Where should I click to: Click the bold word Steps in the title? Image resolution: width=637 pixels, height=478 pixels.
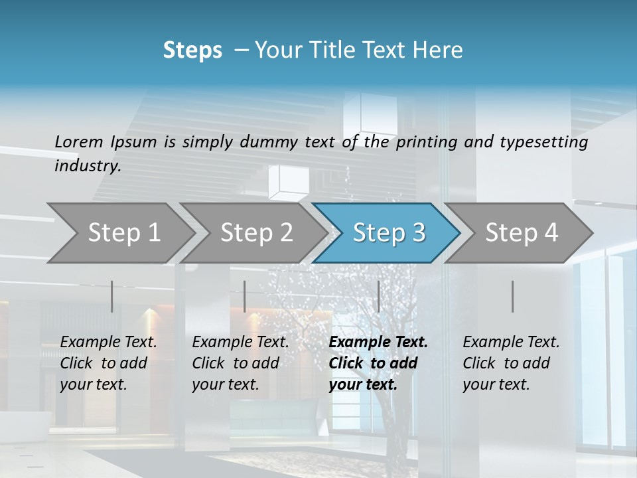[192, 50]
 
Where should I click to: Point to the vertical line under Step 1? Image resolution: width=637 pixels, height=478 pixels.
[112, 296]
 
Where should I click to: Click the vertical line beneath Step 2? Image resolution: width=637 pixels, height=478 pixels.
[245, 296]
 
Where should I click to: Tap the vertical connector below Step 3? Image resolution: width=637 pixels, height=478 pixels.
[378, 296]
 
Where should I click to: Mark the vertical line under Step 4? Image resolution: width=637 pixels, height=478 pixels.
[513, 296]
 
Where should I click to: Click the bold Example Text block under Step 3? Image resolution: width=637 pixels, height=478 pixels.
[378, 363]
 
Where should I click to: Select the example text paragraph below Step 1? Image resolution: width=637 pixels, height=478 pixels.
[108, 363]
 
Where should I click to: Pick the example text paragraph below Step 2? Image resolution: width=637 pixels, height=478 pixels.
[240, 363]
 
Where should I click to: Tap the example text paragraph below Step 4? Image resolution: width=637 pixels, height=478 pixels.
[511, 363]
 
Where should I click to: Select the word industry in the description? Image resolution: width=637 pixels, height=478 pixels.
[88, 166]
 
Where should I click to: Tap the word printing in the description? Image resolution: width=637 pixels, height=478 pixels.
[426, 142]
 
